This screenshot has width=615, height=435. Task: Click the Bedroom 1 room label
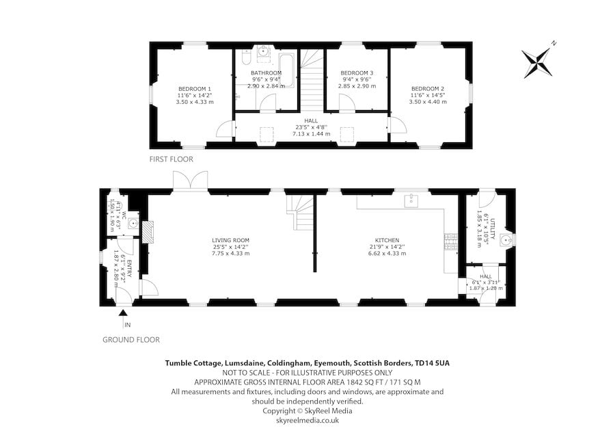195,89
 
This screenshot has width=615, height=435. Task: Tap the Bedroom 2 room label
428,89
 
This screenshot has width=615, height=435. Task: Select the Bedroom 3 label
357,73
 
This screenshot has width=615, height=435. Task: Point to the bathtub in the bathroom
288,68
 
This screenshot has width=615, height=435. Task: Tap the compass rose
539,62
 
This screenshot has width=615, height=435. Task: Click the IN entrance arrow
124,315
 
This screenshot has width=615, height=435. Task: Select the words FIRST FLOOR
172,159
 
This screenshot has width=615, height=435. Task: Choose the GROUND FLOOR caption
131,339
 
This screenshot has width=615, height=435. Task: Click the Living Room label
230,240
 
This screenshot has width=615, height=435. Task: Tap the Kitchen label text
387,240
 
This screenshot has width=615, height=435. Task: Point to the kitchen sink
411,200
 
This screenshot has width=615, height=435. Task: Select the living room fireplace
150,230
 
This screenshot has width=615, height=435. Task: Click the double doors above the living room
190,181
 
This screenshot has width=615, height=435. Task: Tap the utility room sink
506,240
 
